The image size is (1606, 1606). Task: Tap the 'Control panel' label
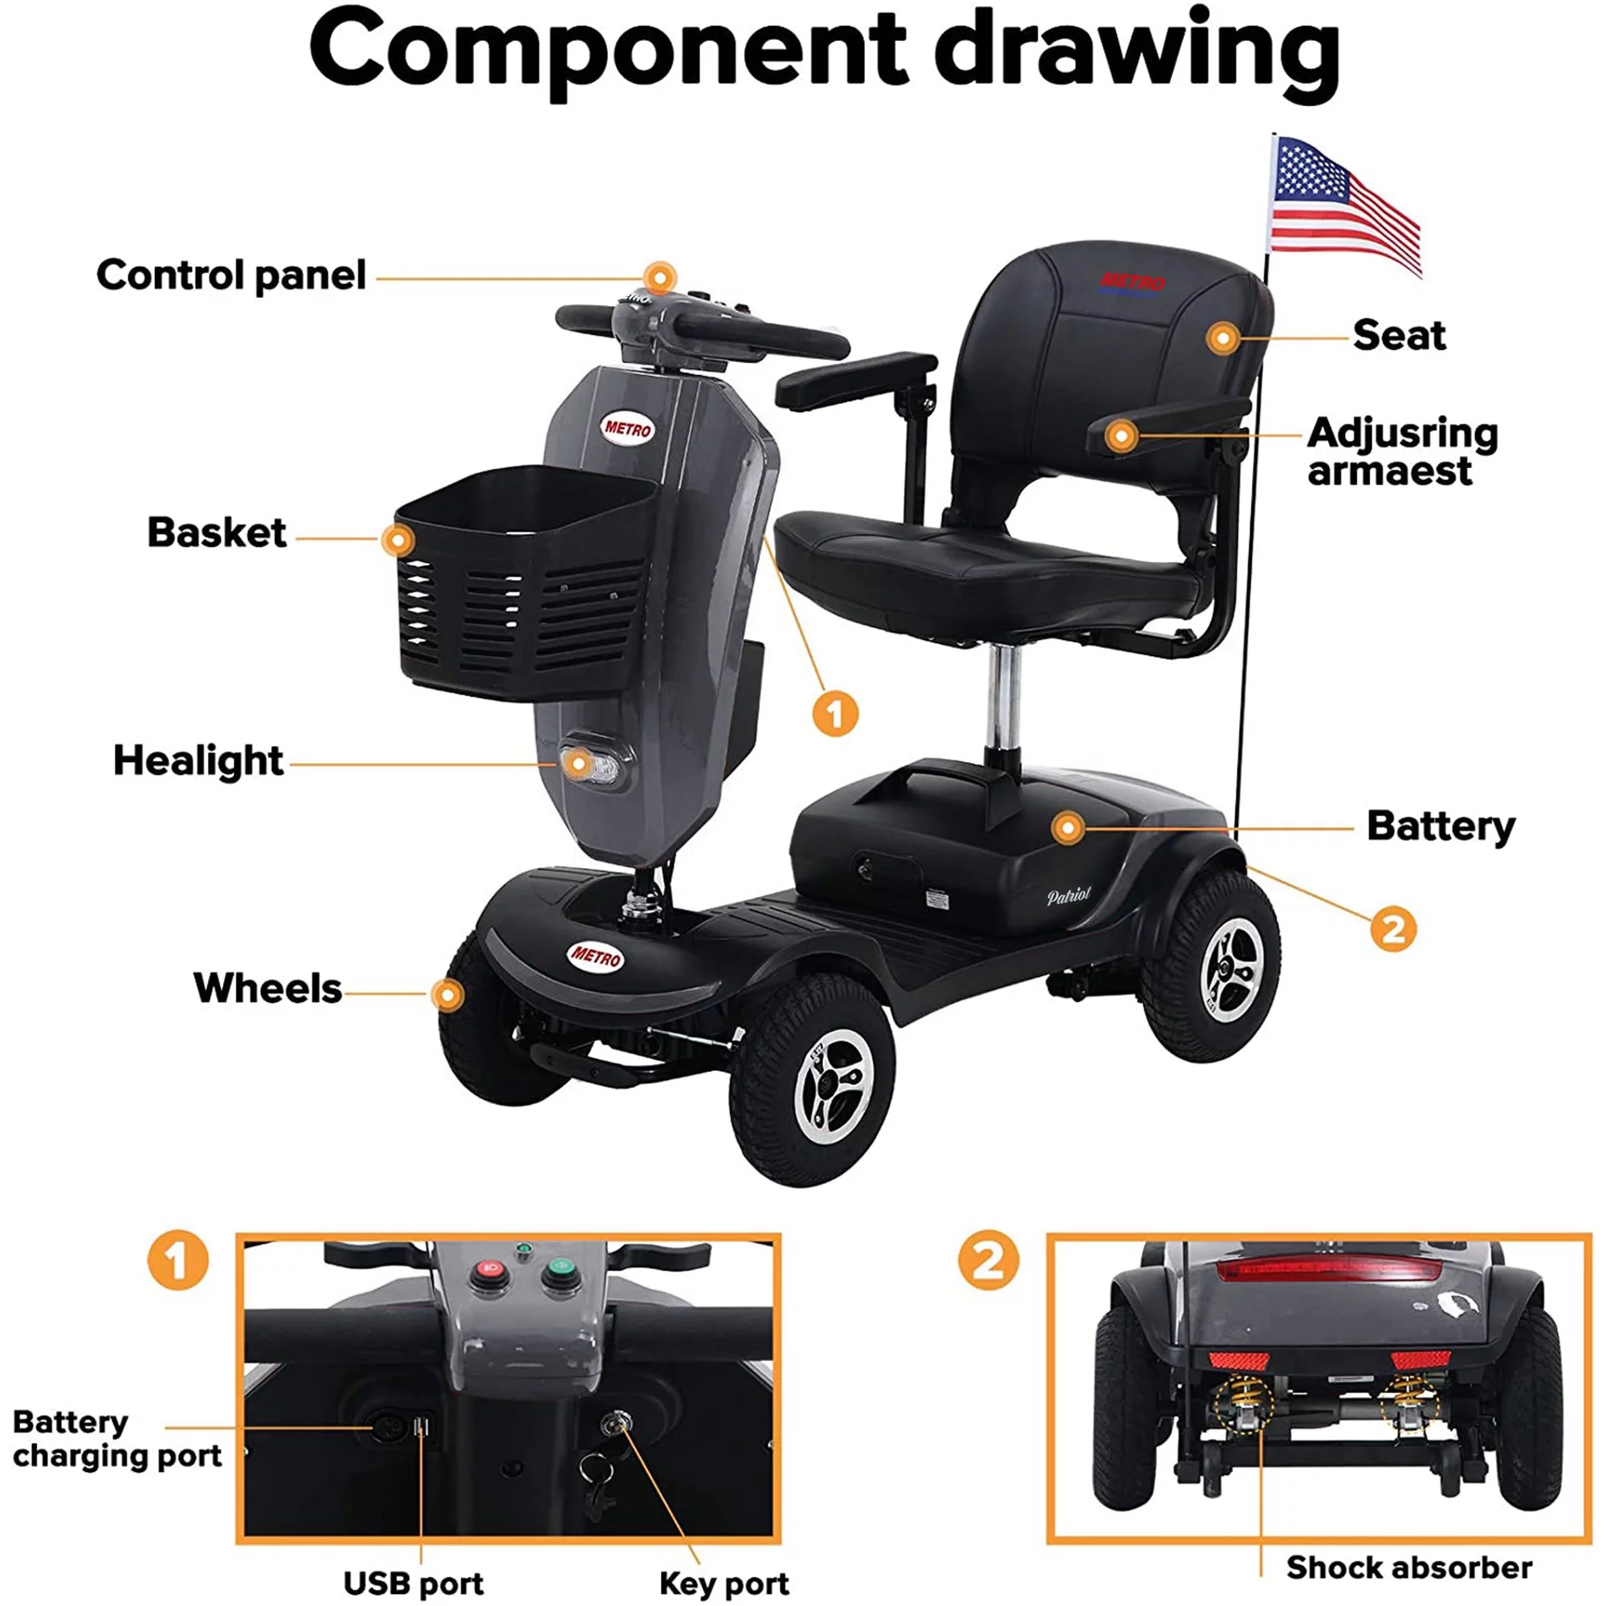point(230,275)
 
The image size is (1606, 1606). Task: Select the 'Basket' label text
point(216,533)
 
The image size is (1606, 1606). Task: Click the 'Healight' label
point(198,760)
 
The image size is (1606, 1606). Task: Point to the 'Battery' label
point(1441,826)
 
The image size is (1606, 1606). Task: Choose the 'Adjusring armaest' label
point(1401,452)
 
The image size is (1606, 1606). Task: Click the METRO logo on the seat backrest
point(1132,282)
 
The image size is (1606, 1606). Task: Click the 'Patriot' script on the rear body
point(1068,895)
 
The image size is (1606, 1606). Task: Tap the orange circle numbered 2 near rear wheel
point(1393,928)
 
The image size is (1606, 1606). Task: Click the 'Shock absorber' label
point(1408,1567)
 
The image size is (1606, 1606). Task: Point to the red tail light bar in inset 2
point(1328,1270)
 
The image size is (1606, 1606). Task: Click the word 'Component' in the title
point(606,50)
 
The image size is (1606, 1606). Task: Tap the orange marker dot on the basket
point(398,540)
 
